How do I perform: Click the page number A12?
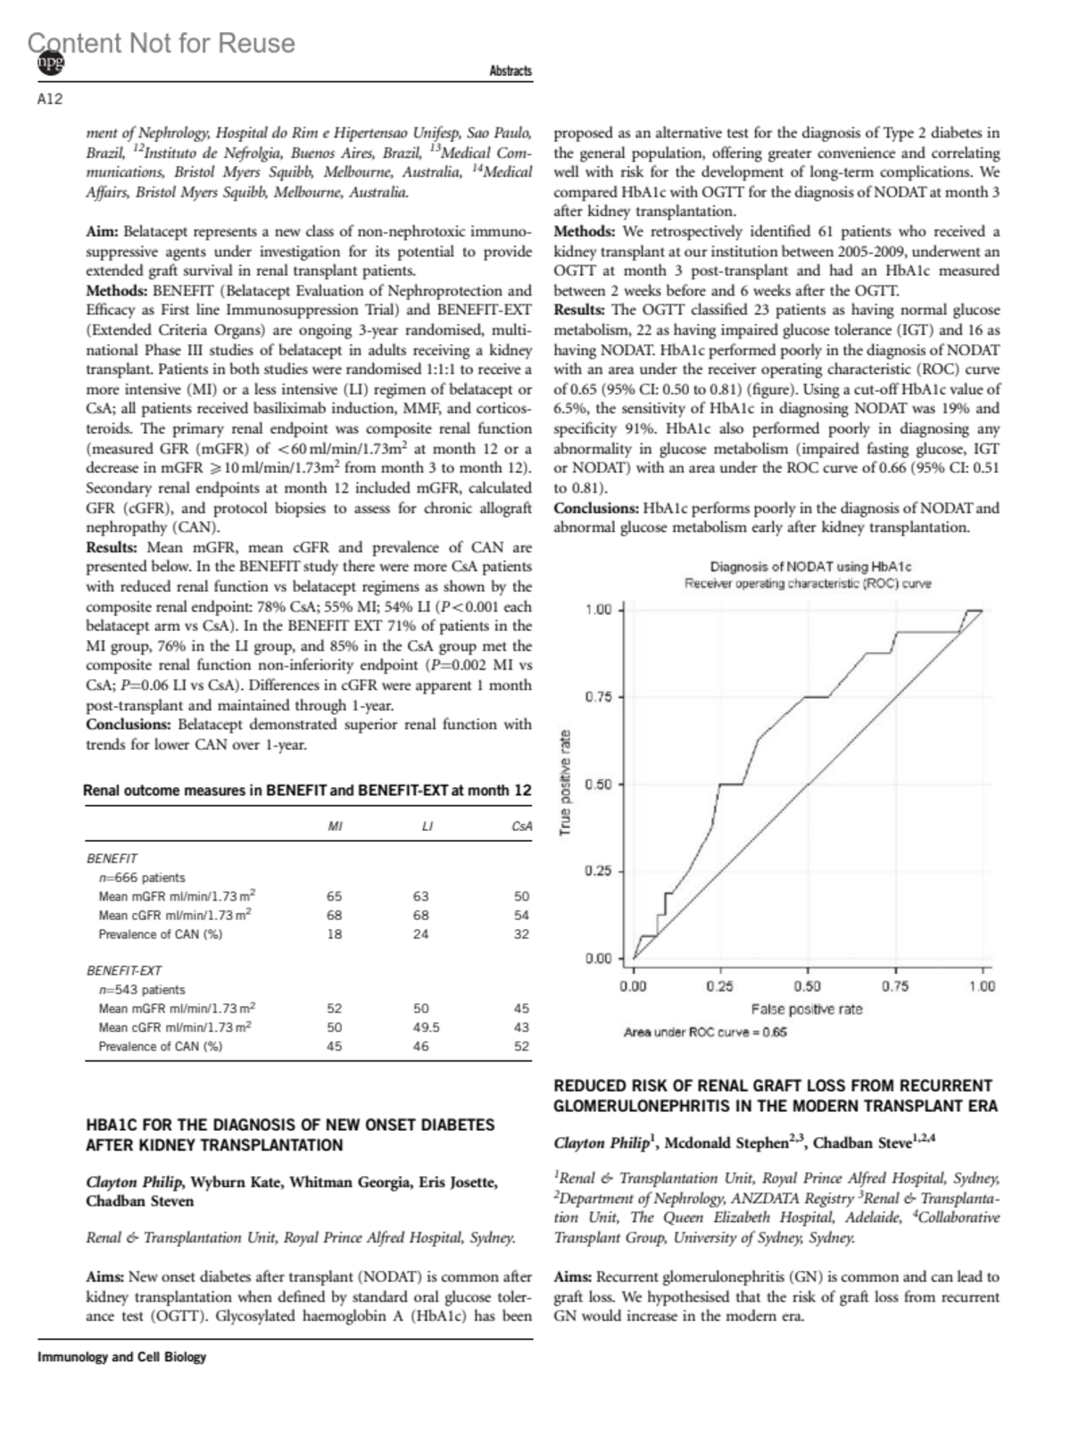(x=50, y=99)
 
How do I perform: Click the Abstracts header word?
(x=511, y=71)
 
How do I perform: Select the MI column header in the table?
(x=335, y=827)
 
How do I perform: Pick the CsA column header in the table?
(x=521, y=827)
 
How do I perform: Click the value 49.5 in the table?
(x=426, y=1027)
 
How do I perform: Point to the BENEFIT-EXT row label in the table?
(x=124, y=970)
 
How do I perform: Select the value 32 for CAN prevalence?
(x=521, y=935)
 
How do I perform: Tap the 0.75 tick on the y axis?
(x=598, y=697)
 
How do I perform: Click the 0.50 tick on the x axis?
(x=808, y=986)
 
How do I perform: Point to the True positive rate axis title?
(x=565, y=784)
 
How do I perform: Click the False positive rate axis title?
(x=807, y=1009)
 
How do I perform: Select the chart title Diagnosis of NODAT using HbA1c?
(x=810, y=567)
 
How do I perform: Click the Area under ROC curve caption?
(x=705, y=1033)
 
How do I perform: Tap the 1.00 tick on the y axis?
(x=598, y=610)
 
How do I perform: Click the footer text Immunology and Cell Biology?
(x=121, y=1357)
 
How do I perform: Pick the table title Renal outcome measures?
(x=307, y=790)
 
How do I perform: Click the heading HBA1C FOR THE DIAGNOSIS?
(x=290, y=1134)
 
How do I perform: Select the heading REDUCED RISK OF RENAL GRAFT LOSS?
(x=776, y=1096)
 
